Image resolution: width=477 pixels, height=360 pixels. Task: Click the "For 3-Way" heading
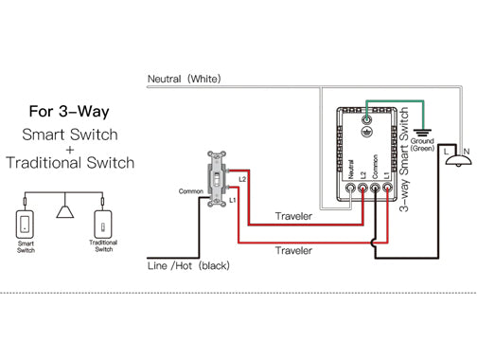[69, 112]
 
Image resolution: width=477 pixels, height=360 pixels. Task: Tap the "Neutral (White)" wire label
[185, 79]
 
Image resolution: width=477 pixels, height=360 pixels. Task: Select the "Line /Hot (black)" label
[188, 265]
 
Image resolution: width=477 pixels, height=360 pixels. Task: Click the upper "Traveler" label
[293, 216]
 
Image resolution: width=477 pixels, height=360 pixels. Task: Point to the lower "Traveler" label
[293, 251]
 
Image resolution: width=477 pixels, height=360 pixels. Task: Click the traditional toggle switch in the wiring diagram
[217, 179]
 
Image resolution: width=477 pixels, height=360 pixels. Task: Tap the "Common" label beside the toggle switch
[191, 191]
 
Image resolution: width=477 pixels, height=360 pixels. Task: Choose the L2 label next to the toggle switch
[242, 179]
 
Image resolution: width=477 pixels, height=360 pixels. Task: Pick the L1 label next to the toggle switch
[233, 200]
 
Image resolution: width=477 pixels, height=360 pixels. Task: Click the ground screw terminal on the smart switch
[366, 119]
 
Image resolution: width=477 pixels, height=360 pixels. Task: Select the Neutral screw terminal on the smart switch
[350, 189]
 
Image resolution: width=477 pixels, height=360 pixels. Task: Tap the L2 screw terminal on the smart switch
[362, 189]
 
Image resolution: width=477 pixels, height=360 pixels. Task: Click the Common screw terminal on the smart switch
[375, 189]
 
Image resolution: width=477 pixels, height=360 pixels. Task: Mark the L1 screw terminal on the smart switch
[387, 188]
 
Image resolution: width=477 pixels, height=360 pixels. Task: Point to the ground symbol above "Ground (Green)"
[423, 133]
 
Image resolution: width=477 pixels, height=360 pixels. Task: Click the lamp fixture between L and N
[458, 161]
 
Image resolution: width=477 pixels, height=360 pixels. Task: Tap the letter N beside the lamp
[467, 152]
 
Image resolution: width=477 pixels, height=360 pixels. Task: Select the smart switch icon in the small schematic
[25, 225]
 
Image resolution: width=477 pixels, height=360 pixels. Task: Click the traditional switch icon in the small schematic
[103, 225]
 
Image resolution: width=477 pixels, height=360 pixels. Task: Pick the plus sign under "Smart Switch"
[70, 150]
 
